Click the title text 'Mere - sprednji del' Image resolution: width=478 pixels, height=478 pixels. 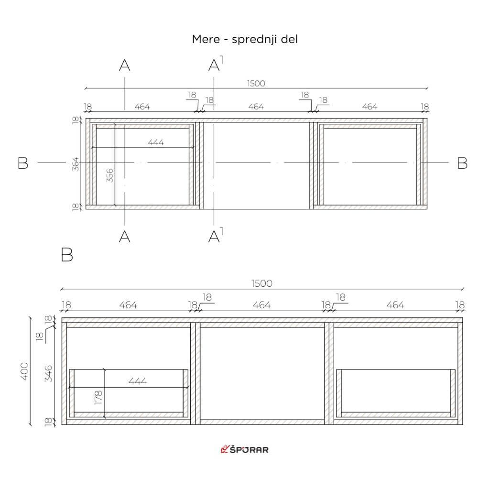click(x=245, y=39)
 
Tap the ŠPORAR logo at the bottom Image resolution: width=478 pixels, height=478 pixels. click(x=244, y=449)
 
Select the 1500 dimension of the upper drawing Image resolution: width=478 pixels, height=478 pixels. click(x=256, y=83)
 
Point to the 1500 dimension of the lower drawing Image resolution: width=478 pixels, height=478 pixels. click(x=261, y=283)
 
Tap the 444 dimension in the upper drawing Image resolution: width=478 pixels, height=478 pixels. click(x=155, y=142)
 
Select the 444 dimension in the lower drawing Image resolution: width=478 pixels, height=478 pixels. click(x=137, y=381)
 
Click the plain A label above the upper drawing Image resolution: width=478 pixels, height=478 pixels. click(x=124, y=65)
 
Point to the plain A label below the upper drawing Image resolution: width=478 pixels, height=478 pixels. click(x=124, y=236)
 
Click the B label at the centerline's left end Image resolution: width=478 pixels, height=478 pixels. click(x=22, y=163)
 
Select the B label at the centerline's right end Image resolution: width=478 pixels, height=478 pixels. click(x=462, y=163)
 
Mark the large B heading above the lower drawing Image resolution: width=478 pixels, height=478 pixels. click(x=67, y=255)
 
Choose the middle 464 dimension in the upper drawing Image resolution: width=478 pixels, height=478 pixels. click(x=256, y=107)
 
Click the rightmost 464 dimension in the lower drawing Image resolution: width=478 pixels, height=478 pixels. click(x=395, y=305)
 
